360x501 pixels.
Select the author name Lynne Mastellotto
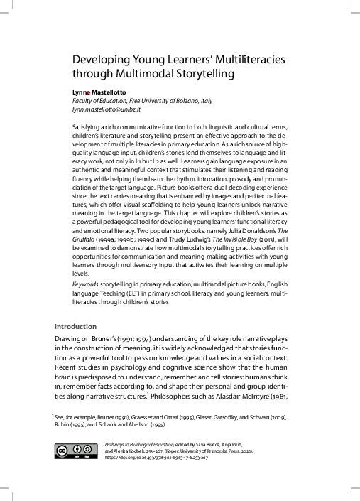(x=99, y=93)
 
